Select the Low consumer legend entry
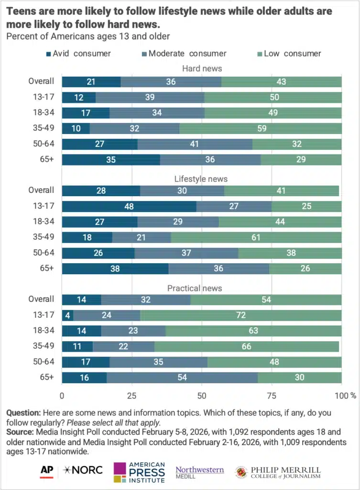tap(289, 54)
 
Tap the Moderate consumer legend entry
tap(184, 54)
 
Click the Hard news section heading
tap(201, 69)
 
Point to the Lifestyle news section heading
tap(201, 179)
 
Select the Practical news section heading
tap(201, 289)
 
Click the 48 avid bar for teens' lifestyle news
tap(129, 207)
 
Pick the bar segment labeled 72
tap(240, 315)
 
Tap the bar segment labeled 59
tap(260, 128)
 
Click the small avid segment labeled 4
tap(67, 315)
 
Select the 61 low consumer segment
tap(256, 238)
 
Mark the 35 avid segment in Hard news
tap(111, 159)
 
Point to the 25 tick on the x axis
tap(131, 396)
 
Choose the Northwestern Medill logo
tap(199, 470)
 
